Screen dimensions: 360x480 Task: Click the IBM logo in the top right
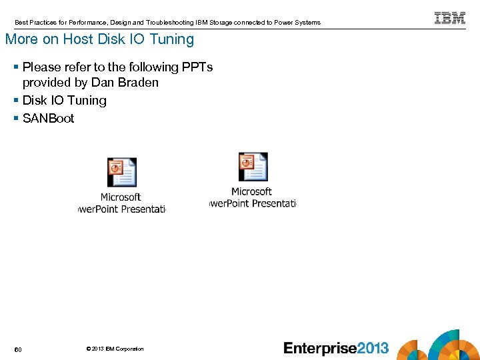pos(450,18)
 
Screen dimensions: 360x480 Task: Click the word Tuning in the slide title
pos(172,39)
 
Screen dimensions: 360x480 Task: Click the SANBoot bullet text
pos(48,119)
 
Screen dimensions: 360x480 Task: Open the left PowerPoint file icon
pos(122,172)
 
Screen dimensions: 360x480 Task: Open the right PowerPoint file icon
pos(253,167)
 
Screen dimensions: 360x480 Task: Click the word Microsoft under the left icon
pos(121,197)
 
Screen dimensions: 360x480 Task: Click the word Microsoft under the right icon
pos(251,192)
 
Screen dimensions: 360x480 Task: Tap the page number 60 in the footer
pos(18,349)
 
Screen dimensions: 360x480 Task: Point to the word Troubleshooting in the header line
pos(169,23)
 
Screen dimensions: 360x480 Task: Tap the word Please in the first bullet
pos(41,67)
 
